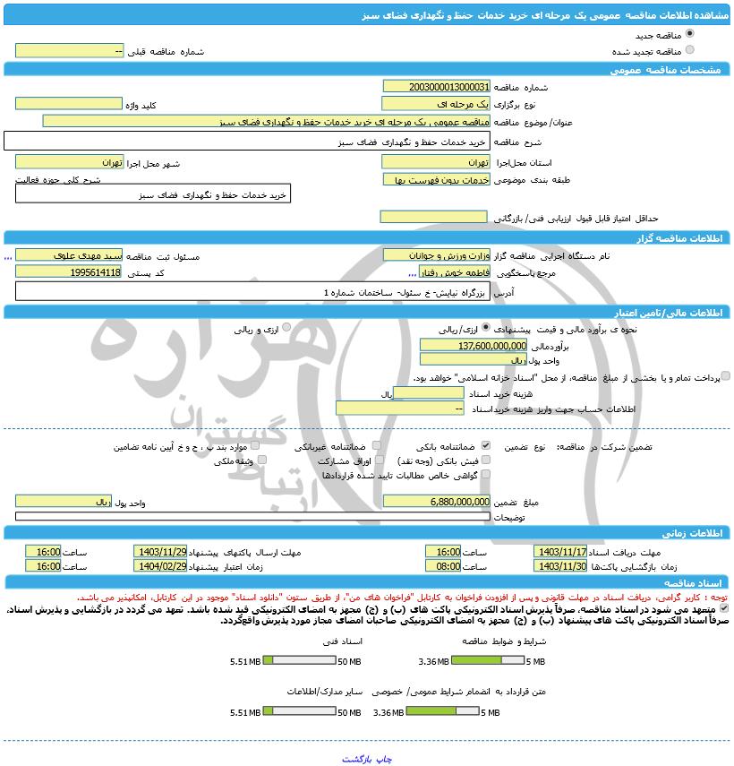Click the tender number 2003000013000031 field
tap(436, 87)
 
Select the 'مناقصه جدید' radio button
tap(689, 34)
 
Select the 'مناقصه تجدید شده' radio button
tap(689, 50)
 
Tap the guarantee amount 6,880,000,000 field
tap(436, 502)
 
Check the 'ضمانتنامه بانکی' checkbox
tap(486, 445)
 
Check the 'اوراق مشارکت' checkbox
tap(377, 460)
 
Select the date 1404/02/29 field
tap(160, 566)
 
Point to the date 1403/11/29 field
tap(160, 552)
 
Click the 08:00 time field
tap(443, 566)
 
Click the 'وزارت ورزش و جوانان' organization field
tap(436, 255)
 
